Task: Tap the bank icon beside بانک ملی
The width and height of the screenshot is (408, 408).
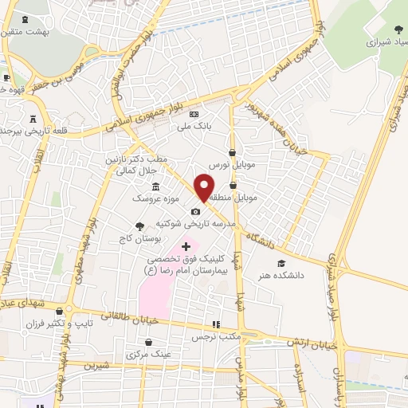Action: tap(194, 114)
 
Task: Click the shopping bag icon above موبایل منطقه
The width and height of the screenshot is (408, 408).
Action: tap(233, 185)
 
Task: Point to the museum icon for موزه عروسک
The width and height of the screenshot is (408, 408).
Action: tap(154, 186)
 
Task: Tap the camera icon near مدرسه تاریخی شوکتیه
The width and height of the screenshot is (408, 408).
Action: tap(195, 211)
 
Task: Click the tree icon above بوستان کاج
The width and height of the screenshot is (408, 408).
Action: tap(140, 226)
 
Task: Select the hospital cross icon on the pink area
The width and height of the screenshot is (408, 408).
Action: tap(186, 247)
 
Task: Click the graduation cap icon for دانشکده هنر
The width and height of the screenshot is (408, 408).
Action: tap(280, 263)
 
